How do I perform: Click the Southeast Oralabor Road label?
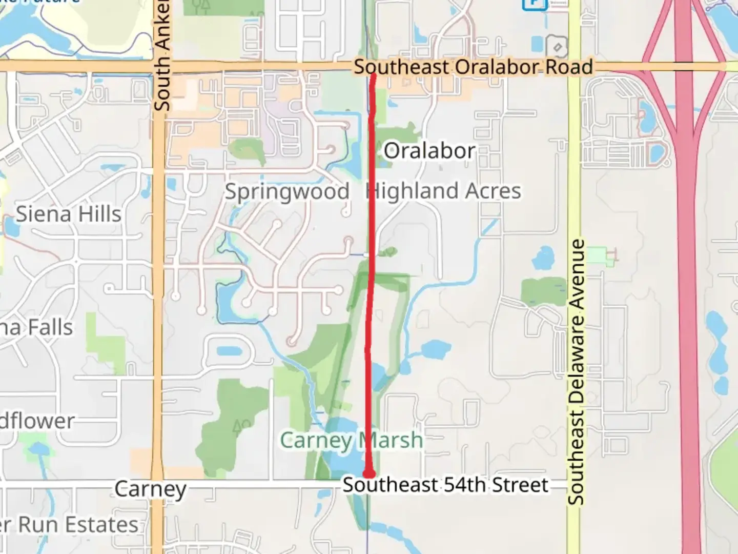pyautogui.click(x=473, y=67)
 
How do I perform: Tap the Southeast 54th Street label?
pyautogui.click(x=445, y=485)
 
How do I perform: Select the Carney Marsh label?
pyautogui.click(x=352, y=440)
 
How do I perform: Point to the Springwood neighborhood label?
pyautogui.click(x=287, y=192)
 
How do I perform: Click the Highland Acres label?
pyautogui.click(x=444, y=191)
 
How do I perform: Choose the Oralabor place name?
pyautogui.click(x=429, y=151)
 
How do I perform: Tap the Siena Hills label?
pyautogui.click(x=69, y=214)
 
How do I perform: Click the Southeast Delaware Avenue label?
pyautogui.click(x=577, y=371)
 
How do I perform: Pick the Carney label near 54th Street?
pyautogui.click(x=150, y=489)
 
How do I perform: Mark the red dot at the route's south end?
pyautogui.click(x=368, y=473)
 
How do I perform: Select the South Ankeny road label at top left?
pyautogui.click(x=162, y=55)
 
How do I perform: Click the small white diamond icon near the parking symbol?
pyautogui.click(x=558, y=48)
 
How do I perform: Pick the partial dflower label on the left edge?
pyautogui.click(x=37, y=421)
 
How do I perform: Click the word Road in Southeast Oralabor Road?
pyautogui.click(x=568, y=67)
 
